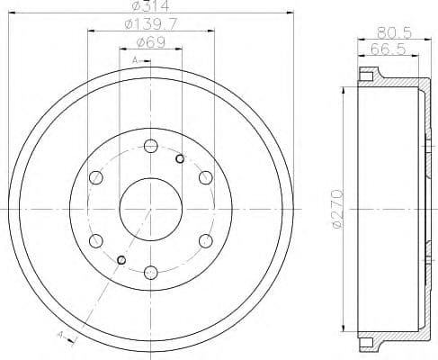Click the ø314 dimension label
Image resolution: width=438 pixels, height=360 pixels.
tap(150, 7)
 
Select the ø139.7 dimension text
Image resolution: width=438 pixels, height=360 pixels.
tap(150, 25)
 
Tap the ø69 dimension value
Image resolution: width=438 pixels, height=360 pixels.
tap(150, 41)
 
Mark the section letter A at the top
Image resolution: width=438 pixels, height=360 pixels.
tap(134, 59)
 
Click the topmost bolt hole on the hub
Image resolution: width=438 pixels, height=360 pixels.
tap(150, 146)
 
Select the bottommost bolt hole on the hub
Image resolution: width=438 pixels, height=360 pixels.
tap(150, 271)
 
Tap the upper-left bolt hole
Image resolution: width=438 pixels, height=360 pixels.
tap(96, 177)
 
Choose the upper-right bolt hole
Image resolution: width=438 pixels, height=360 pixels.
tap(205, 177)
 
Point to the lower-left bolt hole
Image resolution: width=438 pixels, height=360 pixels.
tap(96, 239)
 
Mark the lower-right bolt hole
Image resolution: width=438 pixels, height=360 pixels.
tap(205, 239)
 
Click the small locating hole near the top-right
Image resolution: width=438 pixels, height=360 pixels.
tap(180, 159)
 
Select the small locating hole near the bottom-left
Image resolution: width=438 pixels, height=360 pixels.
tap(121, 259)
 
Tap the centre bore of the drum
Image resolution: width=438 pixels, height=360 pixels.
tap(150, 209)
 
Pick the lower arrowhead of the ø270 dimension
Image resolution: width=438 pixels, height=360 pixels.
tap(344, 329)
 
